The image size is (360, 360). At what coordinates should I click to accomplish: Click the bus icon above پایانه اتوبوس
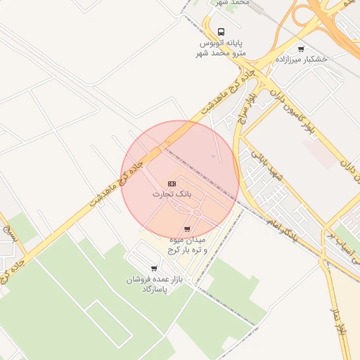click(221, 32)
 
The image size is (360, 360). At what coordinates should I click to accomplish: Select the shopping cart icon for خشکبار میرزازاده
click(301, 49)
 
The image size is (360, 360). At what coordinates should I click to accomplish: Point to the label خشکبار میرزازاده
click(301, 60)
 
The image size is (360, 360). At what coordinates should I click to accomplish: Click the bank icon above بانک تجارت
click(172, 183)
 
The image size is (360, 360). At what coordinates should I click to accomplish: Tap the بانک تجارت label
click(172, 193)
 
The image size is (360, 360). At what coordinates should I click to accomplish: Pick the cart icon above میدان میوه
click(186, 229)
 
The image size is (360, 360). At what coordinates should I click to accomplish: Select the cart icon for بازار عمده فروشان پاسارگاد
click(154, 269)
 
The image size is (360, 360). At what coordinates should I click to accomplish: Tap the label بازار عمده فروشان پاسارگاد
click(153, 284)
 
